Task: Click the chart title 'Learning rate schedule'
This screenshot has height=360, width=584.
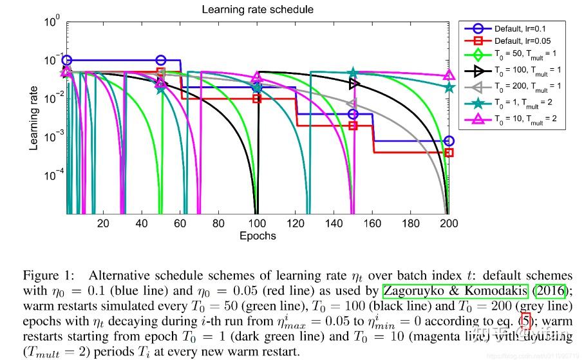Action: pos(258,9)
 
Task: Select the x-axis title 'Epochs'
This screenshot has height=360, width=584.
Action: pos(258,236)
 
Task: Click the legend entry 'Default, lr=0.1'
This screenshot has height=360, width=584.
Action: pos(522,29)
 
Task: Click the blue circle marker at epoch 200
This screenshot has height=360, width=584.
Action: pos(449,141)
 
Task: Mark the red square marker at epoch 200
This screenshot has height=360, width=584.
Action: pos(449,153)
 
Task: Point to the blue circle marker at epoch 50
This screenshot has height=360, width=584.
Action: pos(161,60)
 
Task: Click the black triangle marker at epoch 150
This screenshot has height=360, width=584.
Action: pos(353,84)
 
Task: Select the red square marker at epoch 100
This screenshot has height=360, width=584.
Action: pos(257,99)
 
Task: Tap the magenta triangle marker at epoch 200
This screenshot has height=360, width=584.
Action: pos(449,76)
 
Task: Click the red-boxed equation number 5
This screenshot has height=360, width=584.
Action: pos(526,319)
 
